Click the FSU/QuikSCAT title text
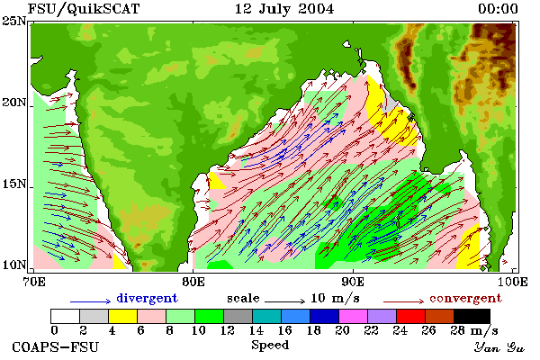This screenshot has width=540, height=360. pyautogui.click(x=84, y=9)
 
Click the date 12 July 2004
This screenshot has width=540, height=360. pyautogui.click(x=284, y=9)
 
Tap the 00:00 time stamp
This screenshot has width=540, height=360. pyautogui.click(x=498, y=9)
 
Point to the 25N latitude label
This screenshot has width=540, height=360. pyautogui.click(x=14, y=22)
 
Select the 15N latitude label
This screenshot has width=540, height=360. pyautogui.click(x=14, y=184)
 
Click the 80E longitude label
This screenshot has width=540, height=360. pyautogui.click(x=193, y=282)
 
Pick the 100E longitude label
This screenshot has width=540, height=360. pyautogui.click(x=512, y=282)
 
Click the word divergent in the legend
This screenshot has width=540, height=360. pyautogui.click(x=147, y=298)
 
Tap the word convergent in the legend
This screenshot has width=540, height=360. pyautogui.click(x=465, y=298)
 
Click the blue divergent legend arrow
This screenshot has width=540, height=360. pyautogui.click(x=91, y=301)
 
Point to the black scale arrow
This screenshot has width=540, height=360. pyautogui.click(x=284, y=301)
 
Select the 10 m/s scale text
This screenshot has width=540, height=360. pyautogui.click(x=335, y=298)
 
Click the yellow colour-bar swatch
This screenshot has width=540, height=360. pyautogui.click(x=123, y=316)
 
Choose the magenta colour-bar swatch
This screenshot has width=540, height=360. pyautogui.click(x=354, y=316)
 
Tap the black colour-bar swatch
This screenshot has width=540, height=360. pyautogui.click(x=472, y=316)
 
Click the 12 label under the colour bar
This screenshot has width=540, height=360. pyautogui.click(x=228, y=330)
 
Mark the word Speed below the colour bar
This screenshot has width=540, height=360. pyautogui.click(x=270, y=346)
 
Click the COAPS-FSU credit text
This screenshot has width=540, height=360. pyautogui.click(x=55, y=346)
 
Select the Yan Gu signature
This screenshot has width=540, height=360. pyautogui.click(x=499, y=347)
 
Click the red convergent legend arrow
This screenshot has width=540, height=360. pyautogui.click(x=403, y=301)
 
